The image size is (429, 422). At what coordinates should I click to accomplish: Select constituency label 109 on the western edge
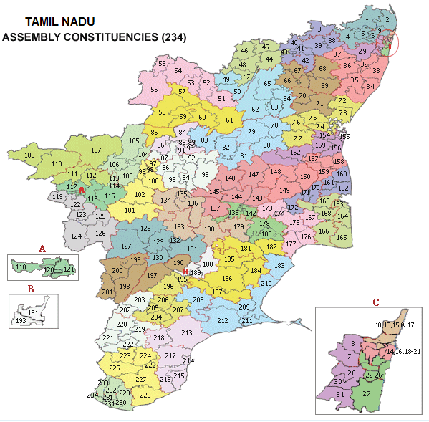(x=29, y=155)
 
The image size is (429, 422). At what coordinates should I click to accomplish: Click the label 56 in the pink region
(x=153, y=90)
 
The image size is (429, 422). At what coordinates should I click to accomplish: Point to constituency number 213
(x=187, y=333)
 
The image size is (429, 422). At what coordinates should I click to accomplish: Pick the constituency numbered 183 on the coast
(x=279, y=266)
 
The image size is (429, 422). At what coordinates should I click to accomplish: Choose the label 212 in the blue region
(x=223, y=320)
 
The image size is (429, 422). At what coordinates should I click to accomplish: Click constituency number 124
(x=77, y=236)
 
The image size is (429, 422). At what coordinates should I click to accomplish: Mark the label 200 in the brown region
(x=117, y=271)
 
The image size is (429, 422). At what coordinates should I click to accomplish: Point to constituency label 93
(x=205, y=175)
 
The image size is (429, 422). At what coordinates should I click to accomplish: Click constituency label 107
(x=96, y=150)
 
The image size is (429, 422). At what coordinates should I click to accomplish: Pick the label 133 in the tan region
(x=179, y=227)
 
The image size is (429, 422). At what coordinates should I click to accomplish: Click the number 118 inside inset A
(x=20, y=267)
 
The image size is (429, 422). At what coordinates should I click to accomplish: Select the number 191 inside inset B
(x=33, y=313)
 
